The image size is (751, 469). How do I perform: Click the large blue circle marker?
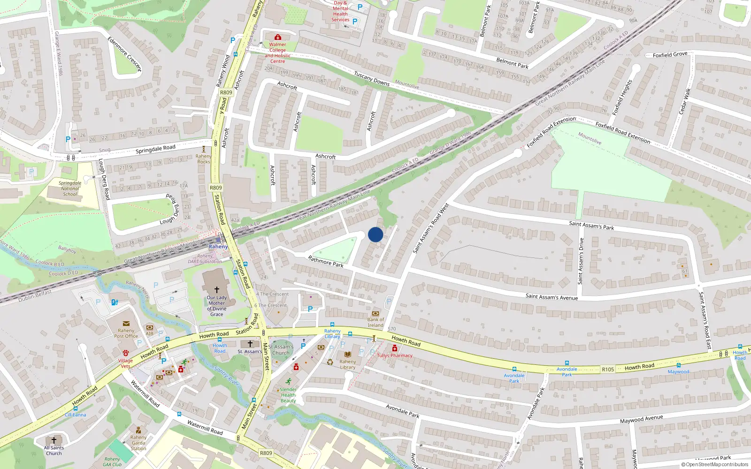(x=375, y=234)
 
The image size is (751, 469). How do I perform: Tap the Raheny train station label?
(x=218, y=247)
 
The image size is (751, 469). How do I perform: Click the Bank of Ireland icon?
(x=375, y=313)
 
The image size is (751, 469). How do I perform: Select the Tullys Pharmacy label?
(x=395, y=356)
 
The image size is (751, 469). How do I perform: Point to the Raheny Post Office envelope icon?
(x=126, y=324)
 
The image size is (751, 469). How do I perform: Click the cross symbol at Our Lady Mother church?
(x=216, y=290)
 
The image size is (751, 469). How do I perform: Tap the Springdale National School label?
(x=70, y=189)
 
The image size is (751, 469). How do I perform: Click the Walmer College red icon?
(x=277, y=37)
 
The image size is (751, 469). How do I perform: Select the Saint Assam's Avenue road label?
(x=552, y=296)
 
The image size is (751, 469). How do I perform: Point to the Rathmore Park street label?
(x=325, y=261)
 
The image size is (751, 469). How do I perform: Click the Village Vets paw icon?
(x=126, y=353)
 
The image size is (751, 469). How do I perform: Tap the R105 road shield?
(x=608, y=370)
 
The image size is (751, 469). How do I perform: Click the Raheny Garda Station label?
(x=138, y=443)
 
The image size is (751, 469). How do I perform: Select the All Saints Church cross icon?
(x=54, y=440)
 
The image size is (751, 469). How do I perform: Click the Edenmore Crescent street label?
(x=124, y=54)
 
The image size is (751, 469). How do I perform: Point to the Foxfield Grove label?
(x=670, y=55)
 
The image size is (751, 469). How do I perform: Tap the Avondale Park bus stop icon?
(x=514, y=369)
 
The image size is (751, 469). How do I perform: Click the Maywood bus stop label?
(x=678, y=372)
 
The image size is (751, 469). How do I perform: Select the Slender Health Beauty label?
(x=288, y=395)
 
